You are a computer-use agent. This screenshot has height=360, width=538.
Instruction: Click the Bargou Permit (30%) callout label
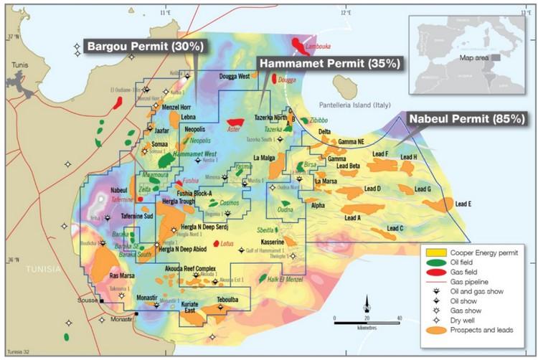point(146,47)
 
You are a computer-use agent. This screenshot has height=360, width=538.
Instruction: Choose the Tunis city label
point(19,65)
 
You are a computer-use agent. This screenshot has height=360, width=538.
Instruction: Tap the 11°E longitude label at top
point(167,13)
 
